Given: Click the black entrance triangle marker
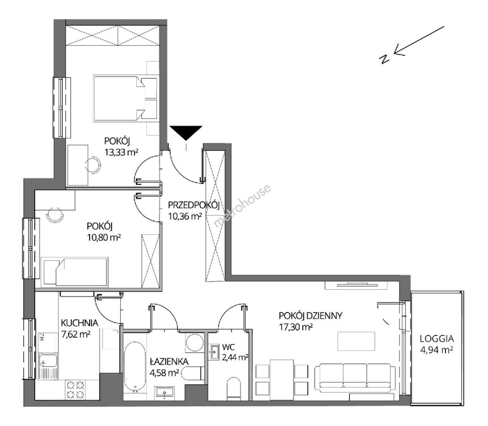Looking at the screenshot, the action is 186,132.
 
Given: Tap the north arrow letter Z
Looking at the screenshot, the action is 384,59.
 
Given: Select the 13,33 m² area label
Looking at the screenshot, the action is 121,152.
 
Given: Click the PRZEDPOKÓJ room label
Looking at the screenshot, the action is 194,205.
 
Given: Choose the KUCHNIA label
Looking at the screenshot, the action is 79,323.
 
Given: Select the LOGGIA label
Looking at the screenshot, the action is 437,339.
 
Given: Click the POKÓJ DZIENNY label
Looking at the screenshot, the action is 310,316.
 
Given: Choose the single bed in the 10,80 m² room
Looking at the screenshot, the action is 75,271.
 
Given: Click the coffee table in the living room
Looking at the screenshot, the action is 356,341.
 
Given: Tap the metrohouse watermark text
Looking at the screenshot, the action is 243,206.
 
